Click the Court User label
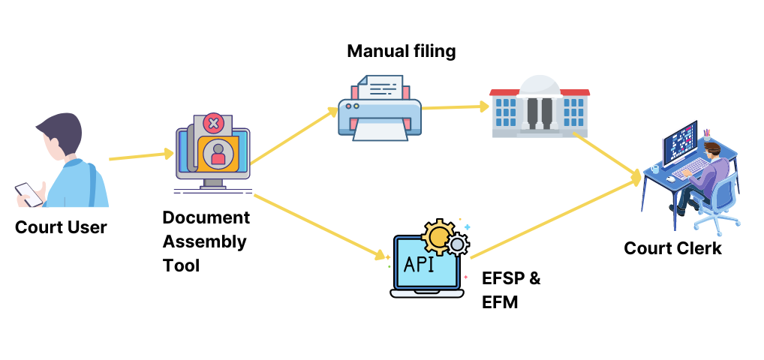61,226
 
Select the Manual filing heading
401,51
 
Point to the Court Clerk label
672,248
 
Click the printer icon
379,109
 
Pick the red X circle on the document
214,123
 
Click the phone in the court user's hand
28,193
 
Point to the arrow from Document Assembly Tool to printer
294,136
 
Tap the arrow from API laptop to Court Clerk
555,217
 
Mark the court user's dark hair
60,131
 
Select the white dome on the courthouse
539,83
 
